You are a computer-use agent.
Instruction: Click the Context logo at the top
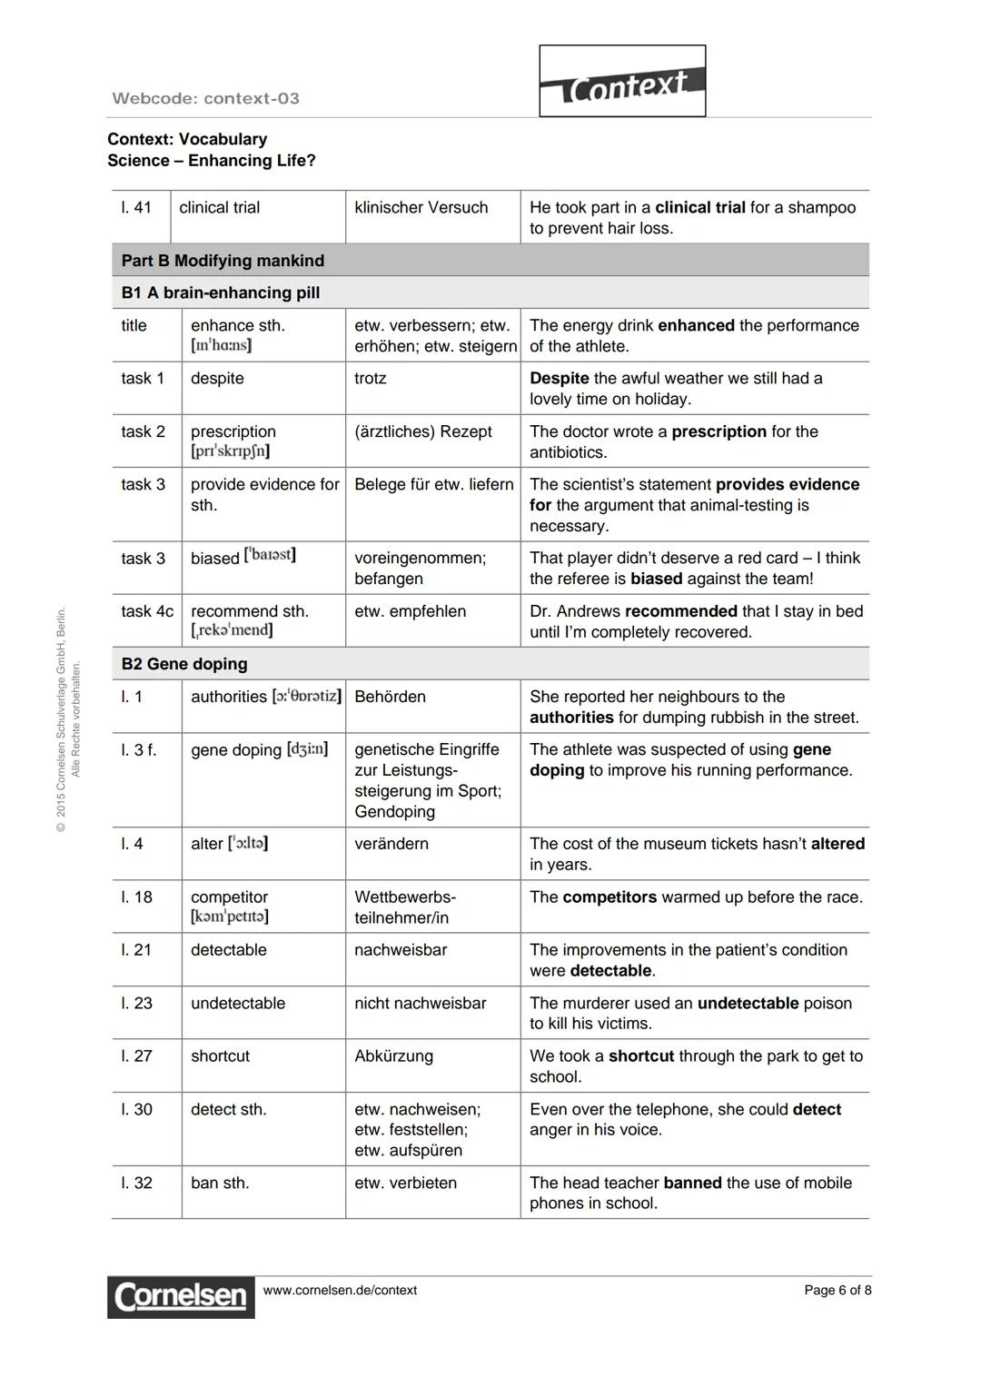click(622, 82)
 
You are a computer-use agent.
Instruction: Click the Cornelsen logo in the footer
click(181, 1296)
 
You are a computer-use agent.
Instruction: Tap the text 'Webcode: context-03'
click(205, 98)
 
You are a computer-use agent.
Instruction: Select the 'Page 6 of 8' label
click(837, 1290)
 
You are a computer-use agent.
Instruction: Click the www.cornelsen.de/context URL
click(340, 1290)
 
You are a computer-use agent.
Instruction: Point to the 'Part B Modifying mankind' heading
click(223, 261)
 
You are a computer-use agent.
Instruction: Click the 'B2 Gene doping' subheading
click(184, 664)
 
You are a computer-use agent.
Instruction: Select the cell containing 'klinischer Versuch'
click(421, 207)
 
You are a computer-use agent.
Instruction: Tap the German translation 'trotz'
click(370, 378)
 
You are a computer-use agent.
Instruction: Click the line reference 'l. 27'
click(138, 1055)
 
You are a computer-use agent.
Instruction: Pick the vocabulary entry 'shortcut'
click(220, 1055)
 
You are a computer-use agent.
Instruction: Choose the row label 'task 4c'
click(147, 611)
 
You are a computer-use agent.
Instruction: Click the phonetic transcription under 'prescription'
click(230, 451)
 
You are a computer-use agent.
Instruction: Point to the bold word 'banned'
click(692, 1183)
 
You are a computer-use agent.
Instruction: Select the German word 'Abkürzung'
click(393, 1055)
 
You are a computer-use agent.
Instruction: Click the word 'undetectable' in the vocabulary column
click(238, 1003)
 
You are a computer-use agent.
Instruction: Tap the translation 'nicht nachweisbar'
click(420, 1003)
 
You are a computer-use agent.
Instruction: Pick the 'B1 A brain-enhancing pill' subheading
click(221, 292)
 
